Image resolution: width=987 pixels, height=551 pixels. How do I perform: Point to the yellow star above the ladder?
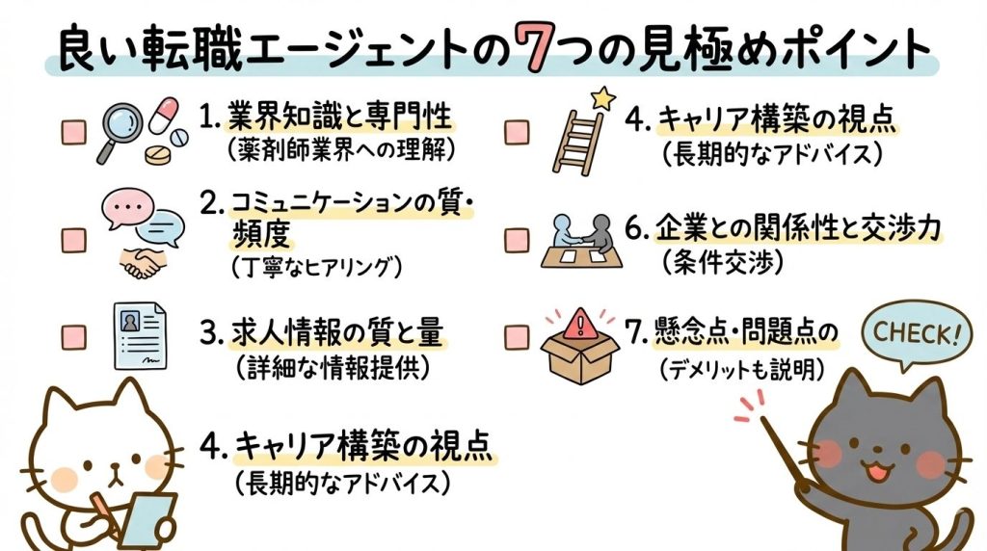coord(602,96)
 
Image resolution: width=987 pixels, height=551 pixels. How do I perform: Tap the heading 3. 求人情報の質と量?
coord(322,334)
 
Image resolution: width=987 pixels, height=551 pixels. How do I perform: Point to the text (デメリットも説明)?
coord(741,366)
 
